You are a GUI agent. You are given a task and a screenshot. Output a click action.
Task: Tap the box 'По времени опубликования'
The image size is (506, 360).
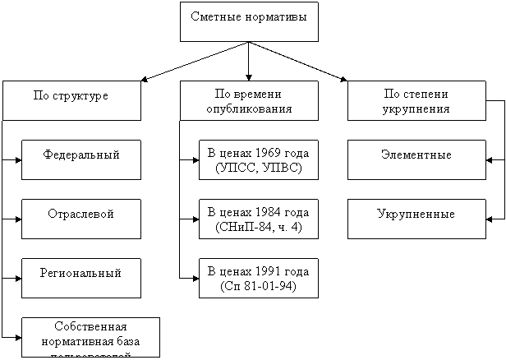tap(249, 100)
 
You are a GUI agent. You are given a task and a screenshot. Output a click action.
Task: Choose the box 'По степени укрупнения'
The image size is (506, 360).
tap(416, 100)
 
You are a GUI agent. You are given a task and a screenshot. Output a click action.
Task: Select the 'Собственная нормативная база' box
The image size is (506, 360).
tap(90, 336)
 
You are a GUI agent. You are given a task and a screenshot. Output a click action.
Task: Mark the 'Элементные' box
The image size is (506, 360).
tap(416, 155)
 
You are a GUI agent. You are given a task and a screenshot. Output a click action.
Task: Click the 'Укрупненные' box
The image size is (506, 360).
tap(416, 214)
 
